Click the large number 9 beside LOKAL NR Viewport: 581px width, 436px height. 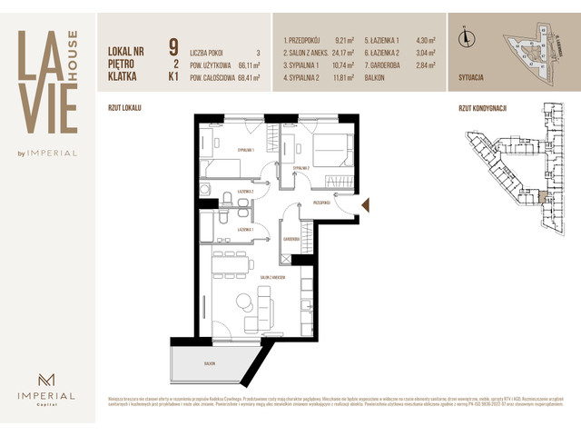coord(172,46)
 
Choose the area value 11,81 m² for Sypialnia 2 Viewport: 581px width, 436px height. coord(340,78)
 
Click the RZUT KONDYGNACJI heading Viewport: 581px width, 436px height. coord(483,107)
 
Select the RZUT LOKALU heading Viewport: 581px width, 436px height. coord(124,107)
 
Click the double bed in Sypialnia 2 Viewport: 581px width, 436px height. coord(330,145)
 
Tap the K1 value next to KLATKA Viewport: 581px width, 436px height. coord(172,78)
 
